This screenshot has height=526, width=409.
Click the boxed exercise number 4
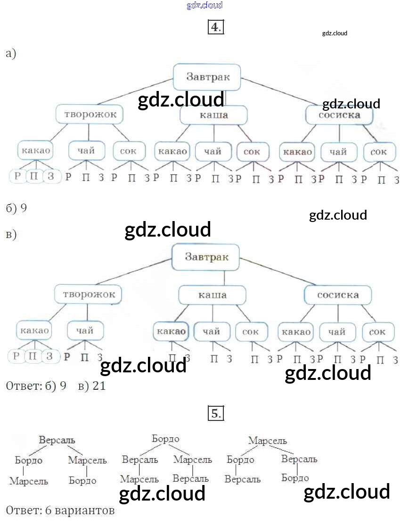point(215,27)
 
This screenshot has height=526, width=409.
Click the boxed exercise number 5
point(215,414)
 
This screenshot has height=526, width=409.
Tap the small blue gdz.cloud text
point(204,6)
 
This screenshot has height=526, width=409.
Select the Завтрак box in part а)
point(207,77)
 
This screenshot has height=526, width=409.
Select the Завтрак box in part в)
point(206,257)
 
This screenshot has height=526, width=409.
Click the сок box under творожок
point(128,151)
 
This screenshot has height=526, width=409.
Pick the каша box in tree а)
point(213,115)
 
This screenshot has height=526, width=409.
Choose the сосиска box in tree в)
point(338,295)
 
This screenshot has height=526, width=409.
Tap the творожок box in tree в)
point(88,295)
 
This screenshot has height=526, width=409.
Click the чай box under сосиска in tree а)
point(338,152)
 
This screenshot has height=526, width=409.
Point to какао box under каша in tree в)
point(171,331)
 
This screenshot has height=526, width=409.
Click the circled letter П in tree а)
point(33,177)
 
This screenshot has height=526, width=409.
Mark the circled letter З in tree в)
point(49,356)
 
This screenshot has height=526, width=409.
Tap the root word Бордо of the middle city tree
point(165,439)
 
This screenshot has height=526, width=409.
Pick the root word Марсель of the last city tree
point(267,441)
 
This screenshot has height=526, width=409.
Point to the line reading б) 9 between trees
point(16,208)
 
